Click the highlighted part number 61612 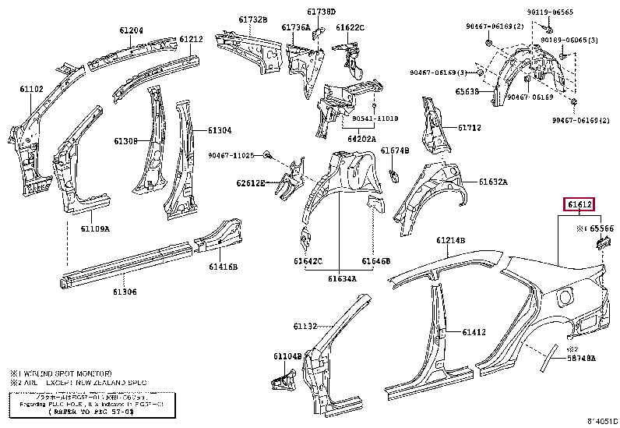[x=579, y=206]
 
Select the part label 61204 [x=131, y=30]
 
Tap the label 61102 [x=31, y=90]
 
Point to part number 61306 [x=125, y=292]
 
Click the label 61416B [x=223, y=267]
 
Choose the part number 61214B [x=450, y=240]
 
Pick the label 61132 [x=306, y=326]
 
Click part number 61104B [x=287, y=356]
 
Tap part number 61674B [x=395, y=150]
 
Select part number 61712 [x=469, y=128]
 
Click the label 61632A [x=492, y=182]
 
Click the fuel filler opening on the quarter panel [x=565, y=295]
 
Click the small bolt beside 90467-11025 [x=267, y=155]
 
